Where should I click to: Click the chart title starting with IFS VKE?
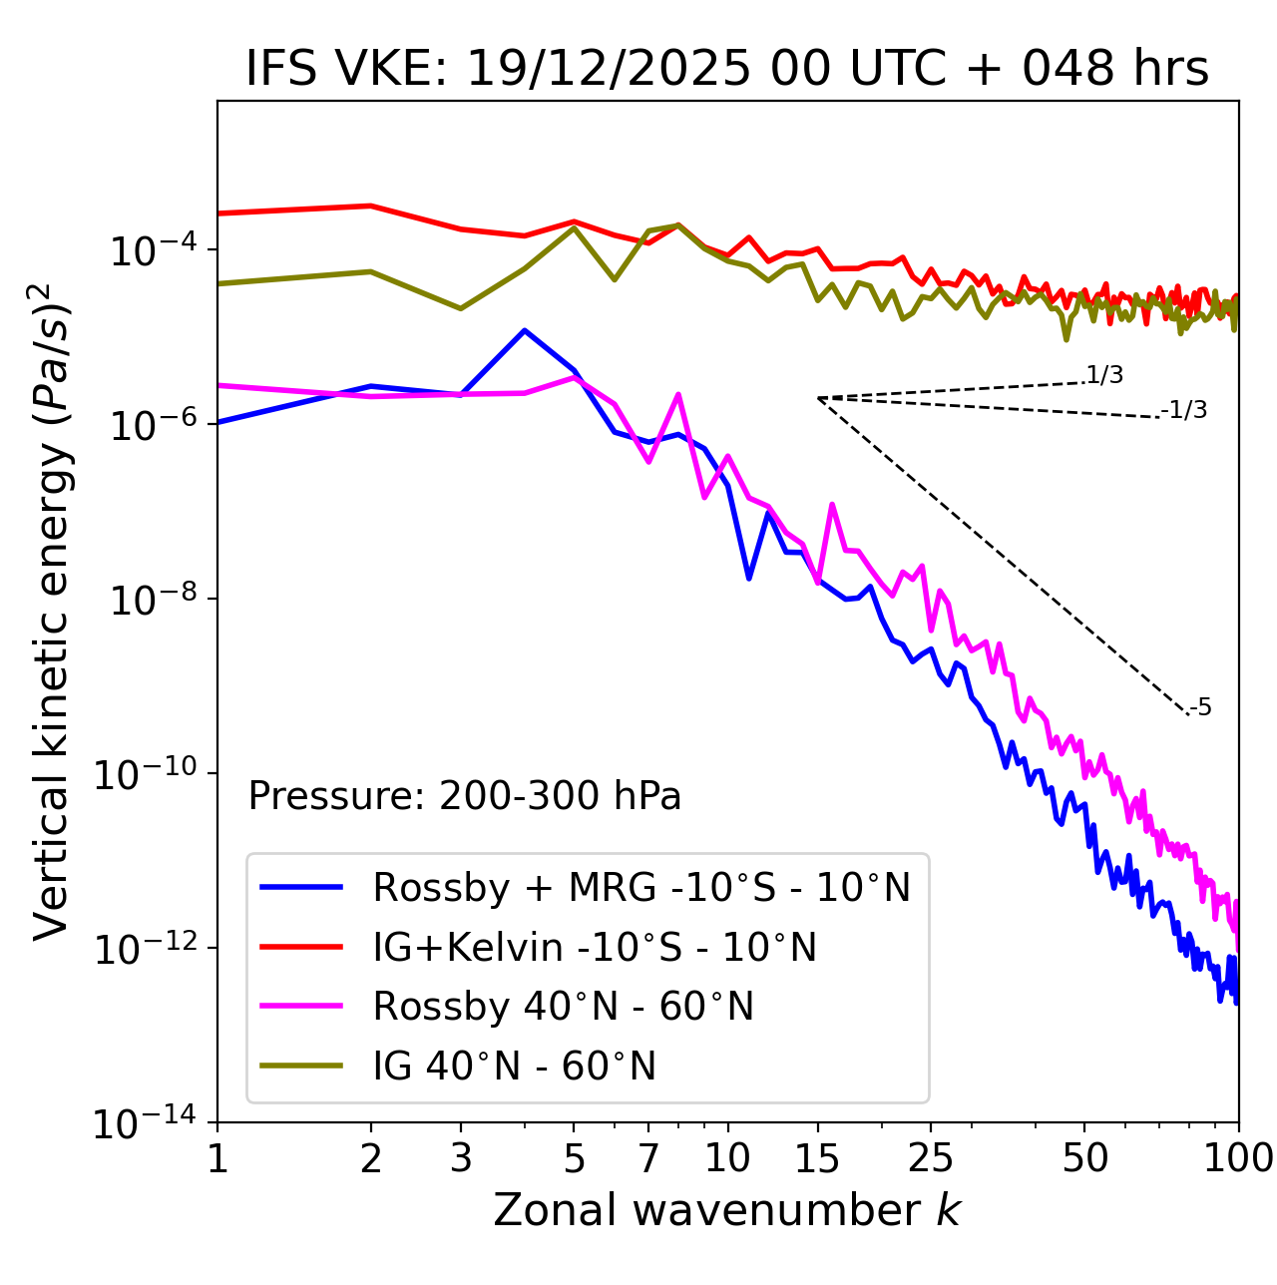727,69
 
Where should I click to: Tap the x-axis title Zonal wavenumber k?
727,1210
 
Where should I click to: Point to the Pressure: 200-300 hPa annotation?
465,796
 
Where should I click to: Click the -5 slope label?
1200,708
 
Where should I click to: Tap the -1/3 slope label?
1184,410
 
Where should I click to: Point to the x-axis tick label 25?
930,1158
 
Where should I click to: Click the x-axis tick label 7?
648,1158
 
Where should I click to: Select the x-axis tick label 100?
1238,1158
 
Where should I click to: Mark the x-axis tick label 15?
817,1158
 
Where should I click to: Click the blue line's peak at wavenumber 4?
525,330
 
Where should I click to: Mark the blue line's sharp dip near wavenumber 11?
748,578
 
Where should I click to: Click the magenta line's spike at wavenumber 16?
832,505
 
